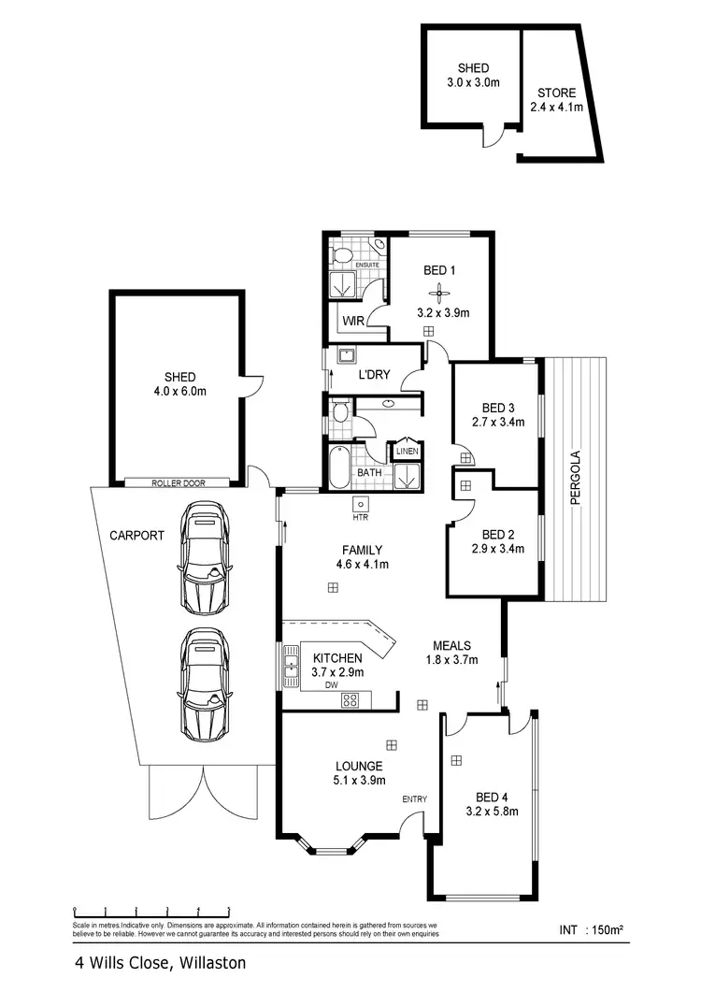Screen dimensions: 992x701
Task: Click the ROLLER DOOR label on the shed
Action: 178,483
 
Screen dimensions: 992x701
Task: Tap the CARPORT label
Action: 136,537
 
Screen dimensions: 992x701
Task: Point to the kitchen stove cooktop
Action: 351,698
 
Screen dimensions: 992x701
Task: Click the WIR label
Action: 353,320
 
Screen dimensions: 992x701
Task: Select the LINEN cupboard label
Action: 407,452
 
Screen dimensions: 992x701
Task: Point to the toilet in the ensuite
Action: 342,253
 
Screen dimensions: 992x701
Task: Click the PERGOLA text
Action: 578,478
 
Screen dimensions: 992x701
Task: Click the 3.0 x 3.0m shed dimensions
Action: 473,82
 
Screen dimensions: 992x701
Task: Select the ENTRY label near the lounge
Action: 414,799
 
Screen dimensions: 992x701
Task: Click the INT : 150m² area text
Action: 591,929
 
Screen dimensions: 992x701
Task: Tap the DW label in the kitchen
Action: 331,684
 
